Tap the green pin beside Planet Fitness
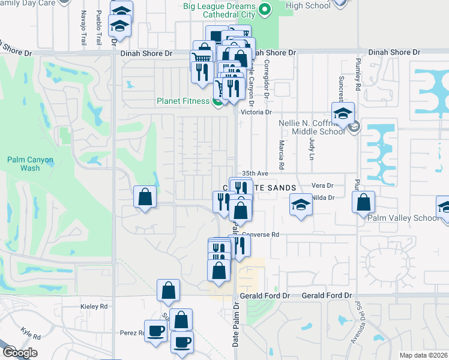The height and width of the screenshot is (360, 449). coord(216,101)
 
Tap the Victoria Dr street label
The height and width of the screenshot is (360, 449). coord(256,112)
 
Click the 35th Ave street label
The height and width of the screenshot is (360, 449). coord(254,173)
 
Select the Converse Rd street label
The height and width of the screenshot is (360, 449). coord(261,234)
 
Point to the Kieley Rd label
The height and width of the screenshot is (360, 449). coord(94,306)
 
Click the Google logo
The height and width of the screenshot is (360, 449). coord(19,353)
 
